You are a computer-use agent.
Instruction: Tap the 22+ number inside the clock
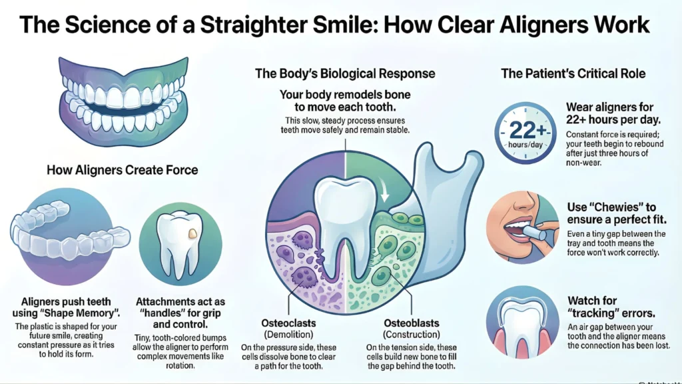pyautogui.click(x=527, y=129)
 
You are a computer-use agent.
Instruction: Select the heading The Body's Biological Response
pyautogui.click(x=345, y=73)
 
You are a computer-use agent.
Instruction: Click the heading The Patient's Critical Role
pyautogui.click(x=573, y=73)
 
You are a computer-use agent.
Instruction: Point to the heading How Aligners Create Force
pyautogui.click(x=123, y=170)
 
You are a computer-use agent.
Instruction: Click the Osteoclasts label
pyautogui.click(x=288, y=323)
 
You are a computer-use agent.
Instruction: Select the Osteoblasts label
pyautogui.click(x=412, y=323)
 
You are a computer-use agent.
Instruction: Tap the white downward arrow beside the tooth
pyautogui.click(x=384, y=190)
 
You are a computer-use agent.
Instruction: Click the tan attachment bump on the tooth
pyautogui.click(x=192, y=234)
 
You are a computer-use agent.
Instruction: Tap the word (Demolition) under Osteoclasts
pyautogui.click(x=288, y=335)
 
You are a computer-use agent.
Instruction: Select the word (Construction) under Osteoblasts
pyautogui.click(x=412, y=335)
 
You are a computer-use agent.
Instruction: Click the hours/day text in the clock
pyautogui.click(x=525, y=145)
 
